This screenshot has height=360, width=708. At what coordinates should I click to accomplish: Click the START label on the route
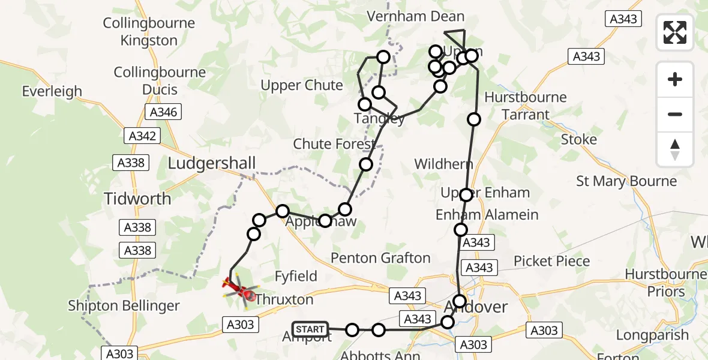(x=310, y=329)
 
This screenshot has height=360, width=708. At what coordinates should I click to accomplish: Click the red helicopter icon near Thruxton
(x=239, y=289)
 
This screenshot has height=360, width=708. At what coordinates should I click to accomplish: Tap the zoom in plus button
(x=675, y=79)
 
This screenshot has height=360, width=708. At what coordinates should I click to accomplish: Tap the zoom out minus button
(x=675, y=114)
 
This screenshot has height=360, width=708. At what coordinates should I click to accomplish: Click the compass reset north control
(x=675, y=149)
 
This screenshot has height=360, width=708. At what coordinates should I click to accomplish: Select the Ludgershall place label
(x=212, y=163)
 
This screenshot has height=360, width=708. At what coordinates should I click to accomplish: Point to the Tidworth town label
(x=137, y=199)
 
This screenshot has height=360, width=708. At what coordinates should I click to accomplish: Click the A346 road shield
(x=163, y=112)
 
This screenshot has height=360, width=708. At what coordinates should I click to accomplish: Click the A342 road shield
(x=143, y=136)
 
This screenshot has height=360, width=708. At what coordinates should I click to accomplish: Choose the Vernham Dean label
(x=416, y=16)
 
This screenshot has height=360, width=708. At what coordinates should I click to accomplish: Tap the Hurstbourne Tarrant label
(x=526, y=106)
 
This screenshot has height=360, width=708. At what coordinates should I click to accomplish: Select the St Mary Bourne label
(x=626, y=181)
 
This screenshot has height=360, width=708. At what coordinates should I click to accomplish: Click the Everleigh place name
(x=52, y=92)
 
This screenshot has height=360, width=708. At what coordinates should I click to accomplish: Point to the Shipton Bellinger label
(x=124, y=305)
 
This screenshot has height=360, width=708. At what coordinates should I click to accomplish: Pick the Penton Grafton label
(x=381, y=258)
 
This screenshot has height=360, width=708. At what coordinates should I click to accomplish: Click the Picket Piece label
(x=551, y=261)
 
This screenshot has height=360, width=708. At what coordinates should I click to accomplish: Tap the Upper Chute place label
(x=302, y=85)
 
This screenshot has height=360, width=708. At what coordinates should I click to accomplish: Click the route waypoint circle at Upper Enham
(x=466, y=194)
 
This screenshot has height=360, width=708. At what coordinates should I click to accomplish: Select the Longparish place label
(x=652, y=335)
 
